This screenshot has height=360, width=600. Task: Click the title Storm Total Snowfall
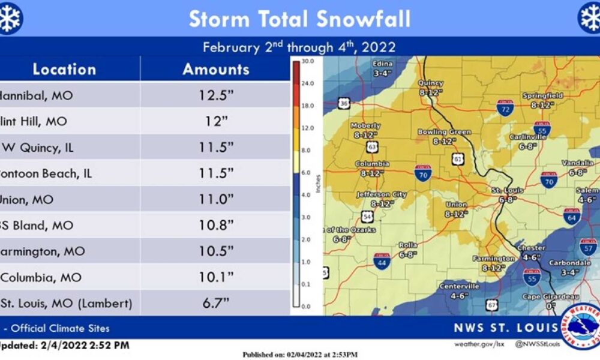[x=300, y=19]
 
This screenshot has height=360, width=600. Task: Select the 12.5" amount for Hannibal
[x=216, y=95]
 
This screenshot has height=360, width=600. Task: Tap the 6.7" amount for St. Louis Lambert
[x=216, y=303]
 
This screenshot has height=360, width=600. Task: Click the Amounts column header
[x=216, y=69]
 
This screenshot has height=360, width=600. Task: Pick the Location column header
[x=64, y=69]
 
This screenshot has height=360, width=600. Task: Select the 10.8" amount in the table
[x=216, y=226]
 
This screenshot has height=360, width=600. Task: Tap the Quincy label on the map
[x=430, y=83]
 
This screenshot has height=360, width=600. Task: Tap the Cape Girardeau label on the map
[x=542, y=296]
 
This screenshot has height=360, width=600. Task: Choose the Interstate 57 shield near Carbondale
[x=588, y=246]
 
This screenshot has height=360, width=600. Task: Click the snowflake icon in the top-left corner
[x=10, y=19]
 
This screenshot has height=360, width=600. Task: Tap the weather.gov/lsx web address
[x=477, y=344]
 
